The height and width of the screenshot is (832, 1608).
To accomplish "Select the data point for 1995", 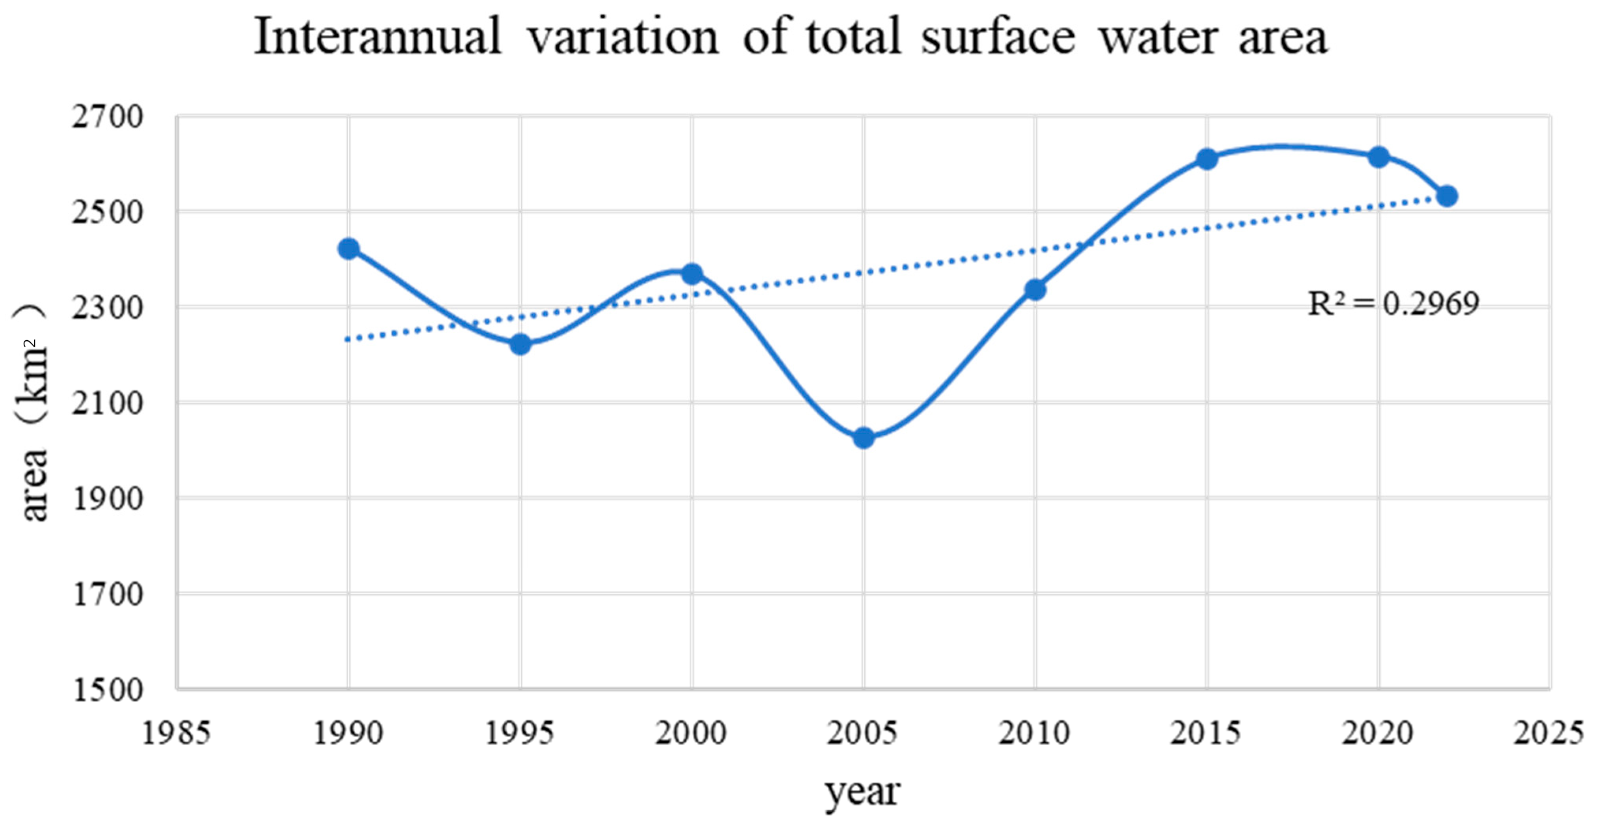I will click(520, 344).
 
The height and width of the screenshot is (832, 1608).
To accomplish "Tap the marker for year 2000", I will click(692, 273).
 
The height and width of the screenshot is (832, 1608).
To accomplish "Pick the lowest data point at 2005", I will click(863, 438).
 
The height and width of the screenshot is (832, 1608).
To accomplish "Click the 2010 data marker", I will click(1035, 289).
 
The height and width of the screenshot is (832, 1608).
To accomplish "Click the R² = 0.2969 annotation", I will click(1393, 304).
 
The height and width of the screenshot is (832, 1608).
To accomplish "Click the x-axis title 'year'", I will click(863, 791).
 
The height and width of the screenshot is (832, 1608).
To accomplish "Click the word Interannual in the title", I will click(378, 37).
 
